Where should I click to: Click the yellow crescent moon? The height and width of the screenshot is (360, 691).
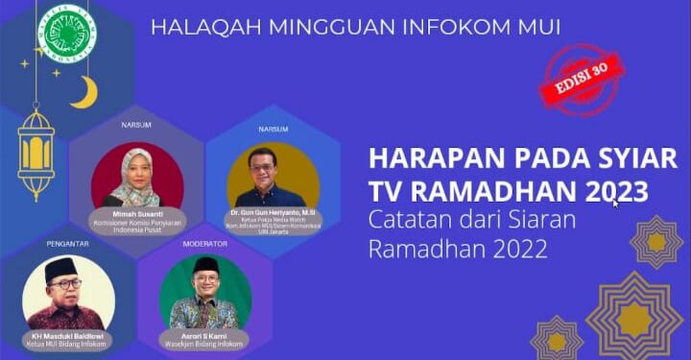85,93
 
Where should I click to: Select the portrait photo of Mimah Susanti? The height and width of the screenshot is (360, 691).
137,177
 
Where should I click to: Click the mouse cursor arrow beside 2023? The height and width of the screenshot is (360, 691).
616,203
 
